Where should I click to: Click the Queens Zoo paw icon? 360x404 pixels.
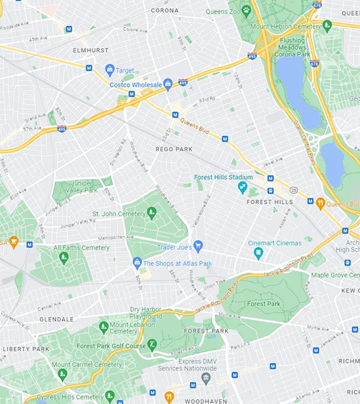coord(247,10)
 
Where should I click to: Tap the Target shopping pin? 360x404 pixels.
coord(109,70)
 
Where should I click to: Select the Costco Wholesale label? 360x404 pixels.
coord(136,85)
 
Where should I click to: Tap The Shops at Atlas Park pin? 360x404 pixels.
coord(137,263)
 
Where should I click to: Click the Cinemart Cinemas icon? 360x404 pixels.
coord(258,253)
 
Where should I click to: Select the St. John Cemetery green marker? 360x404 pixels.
coord(152,213)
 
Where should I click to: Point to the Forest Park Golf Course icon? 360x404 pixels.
coord(152,345)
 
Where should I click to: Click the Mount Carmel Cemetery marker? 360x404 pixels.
coord(63,374)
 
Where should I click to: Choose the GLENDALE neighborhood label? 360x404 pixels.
coord(56,319)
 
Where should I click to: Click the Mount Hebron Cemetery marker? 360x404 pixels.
coord(327,25)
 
